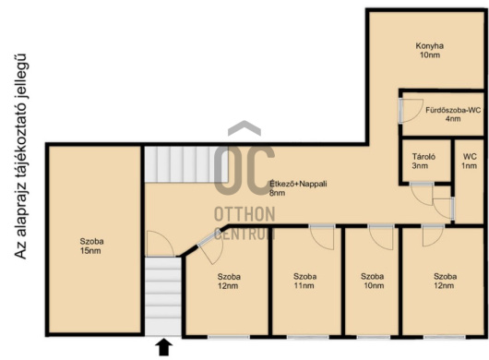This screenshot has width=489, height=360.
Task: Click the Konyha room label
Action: pyautogui.click(x=429, y=51)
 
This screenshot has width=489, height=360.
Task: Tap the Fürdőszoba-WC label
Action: pyautogui.click(x=453, y=114)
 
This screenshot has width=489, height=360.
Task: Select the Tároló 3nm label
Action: pyautogui.click(x=423, y=161)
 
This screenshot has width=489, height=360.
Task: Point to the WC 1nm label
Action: pyautogui.click(x=470, y=161)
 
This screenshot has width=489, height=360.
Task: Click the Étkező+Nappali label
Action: pyautogui.click(x=298, y=188)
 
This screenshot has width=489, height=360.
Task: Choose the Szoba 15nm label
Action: pyautogui.click(x=91, y=246)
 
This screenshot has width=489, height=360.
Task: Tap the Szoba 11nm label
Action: pyautogui.click(x=305, y=281)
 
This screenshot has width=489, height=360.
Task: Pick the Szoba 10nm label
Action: pyautogui.click(x=373, y=281)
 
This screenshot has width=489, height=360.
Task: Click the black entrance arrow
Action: pyautogui.click(x=163, y=347)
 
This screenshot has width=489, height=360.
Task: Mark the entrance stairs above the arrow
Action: pyautogui.click(x=163, y=296)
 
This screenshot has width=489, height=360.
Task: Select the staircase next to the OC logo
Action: pyautogui.click(x=186, y=164)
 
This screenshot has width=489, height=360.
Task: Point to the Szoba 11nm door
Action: pyautogui.click(x=321, y=237)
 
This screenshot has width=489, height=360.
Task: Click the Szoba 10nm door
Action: pyautogui.click(x=380, y=237)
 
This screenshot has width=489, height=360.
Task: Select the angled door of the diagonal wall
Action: pyautogui.click(x=209, y=246)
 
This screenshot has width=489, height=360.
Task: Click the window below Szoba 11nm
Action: pyautogui.click(x=307, y=337)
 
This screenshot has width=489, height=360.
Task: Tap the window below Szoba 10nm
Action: pyautogui.click(x=374, y=337)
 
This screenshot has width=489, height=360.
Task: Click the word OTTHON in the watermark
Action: pyautogui.click(x=244, y=214)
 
